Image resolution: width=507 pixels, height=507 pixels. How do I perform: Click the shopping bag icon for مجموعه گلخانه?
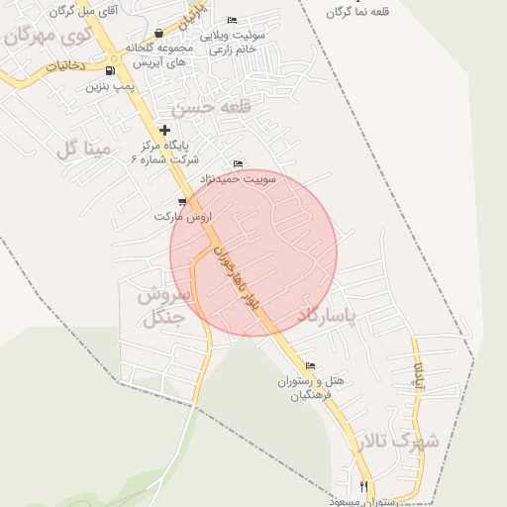159,34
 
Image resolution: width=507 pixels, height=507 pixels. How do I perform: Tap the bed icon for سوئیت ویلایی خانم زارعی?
232,21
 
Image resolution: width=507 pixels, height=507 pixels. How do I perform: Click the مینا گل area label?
81,149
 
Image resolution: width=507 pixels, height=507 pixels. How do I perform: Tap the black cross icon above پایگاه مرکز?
164,130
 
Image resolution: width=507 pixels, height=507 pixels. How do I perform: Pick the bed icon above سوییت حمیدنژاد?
237,164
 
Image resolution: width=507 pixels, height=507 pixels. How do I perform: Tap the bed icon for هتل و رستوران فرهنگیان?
311,366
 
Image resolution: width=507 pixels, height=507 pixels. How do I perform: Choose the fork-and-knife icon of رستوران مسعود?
364,487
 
